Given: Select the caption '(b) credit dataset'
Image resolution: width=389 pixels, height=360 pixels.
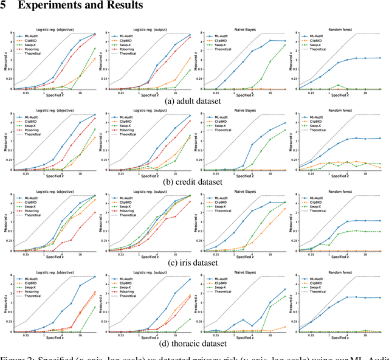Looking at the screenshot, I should pyautogui.click(x=194, y=182).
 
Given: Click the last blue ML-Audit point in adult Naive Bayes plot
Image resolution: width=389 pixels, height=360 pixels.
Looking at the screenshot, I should pyautogui.click(x=286, y=41).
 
